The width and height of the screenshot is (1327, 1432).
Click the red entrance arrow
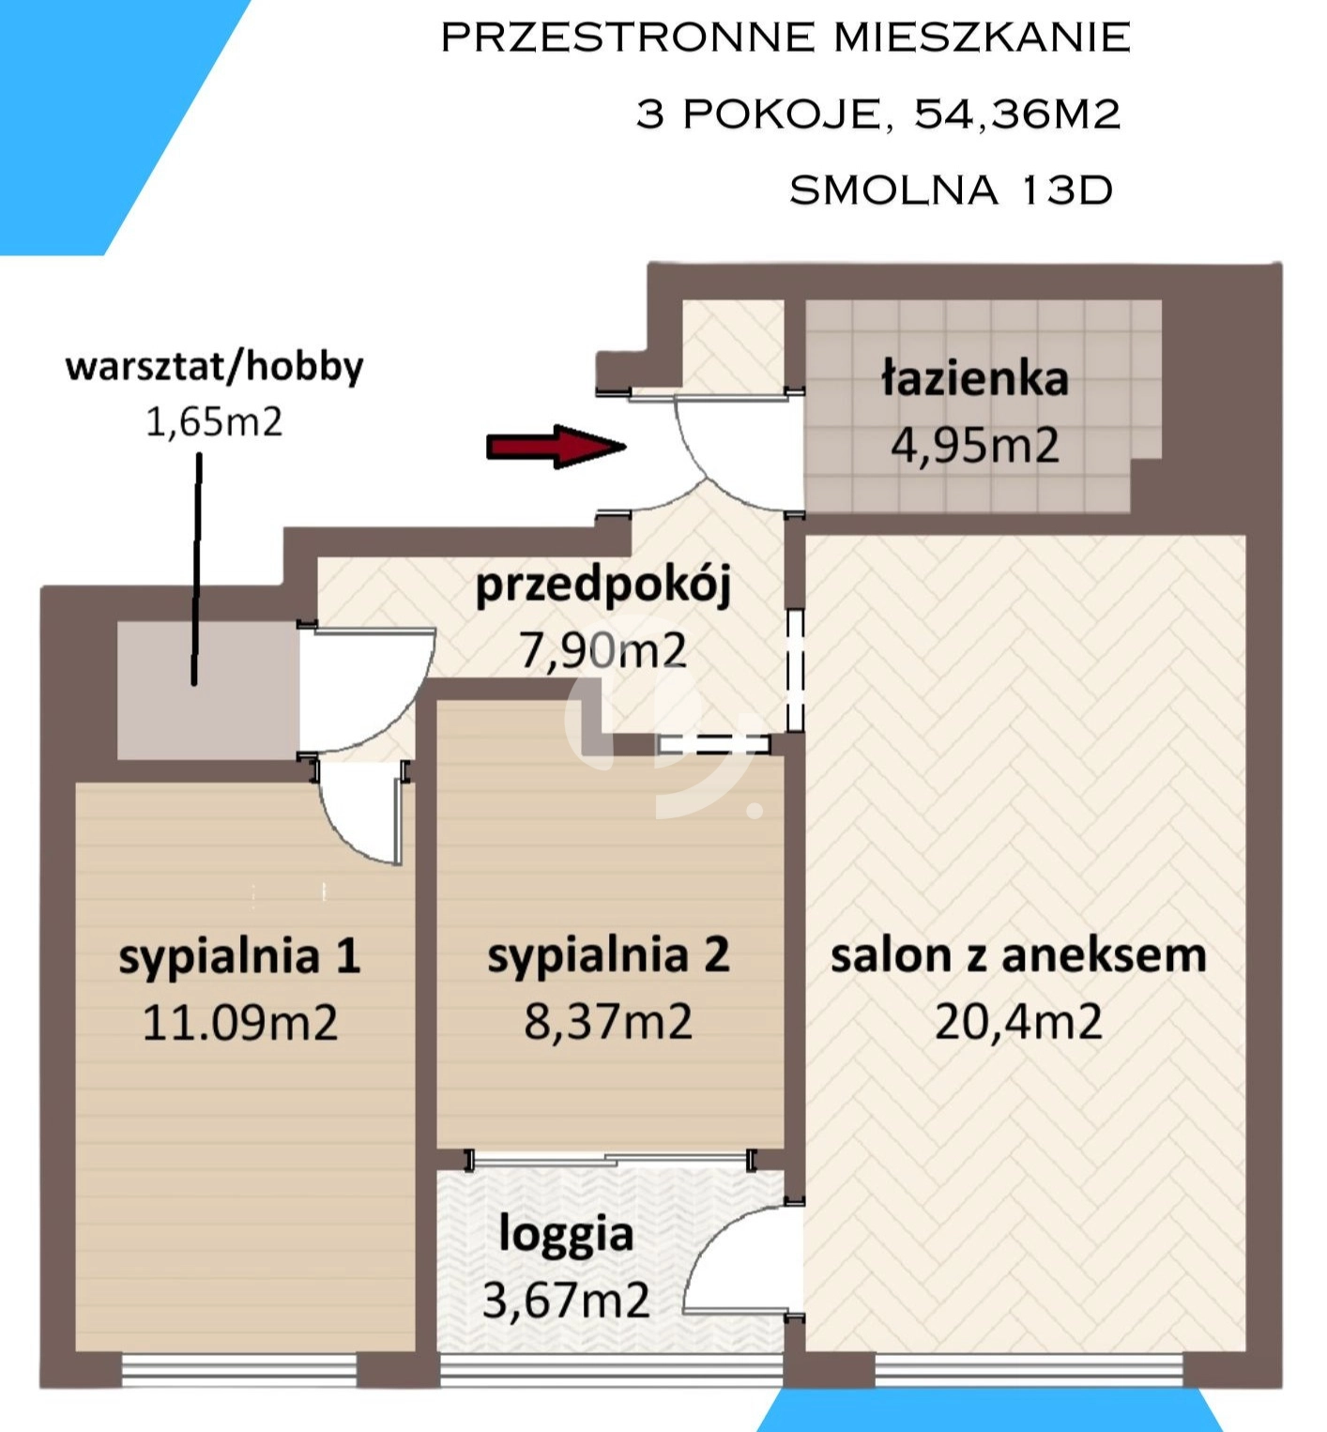click(x=557, y=447)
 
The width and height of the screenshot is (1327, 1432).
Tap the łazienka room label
click(x=975, y=378)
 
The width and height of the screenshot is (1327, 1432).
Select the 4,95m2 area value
click(x=975, y=445)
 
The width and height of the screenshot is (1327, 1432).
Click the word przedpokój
click(x=603, y=586)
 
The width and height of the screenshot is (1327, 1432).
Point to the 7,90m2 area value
click(x=603, y=650)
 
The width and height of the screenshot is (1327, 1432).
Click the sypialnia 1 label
click(x=239, y=957)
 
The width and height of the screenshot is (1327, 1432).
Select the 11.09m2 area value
click(x=239, y=1022)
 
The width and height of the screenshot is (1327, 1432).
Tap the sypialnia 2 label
click(x=608, y=956)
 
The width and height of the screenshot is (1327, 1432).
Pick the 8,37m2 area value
click(x=608, y=1021)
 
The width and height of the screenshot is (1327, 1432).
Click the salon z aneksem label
click(x=1018, y=955)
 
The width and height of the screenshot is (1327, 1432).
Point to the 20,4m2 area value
click(x=1018, y=1021)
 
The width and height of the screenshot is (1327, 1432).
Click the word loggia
click(x=566, y=1236)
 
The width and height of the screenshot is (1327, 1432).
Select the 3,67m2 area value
click(x=566, y=1301)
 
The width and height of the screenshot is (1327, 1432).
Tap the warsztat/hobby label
click(x=214, y=367)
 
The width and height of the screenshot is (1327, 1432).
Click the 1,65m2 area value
click(x=214, y=422)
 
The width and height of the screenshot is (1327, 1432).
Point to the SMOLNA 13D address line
click(x=951, y=190)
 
